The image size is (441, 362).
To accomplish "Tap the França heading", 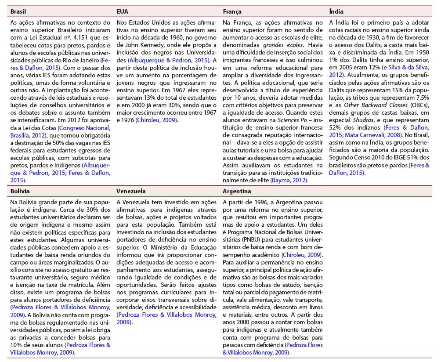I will [232, 11].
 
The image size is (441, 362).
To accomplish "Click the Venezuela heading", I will [131, 191].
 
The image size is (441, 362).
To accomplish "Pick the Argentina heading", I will [237, 191].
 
